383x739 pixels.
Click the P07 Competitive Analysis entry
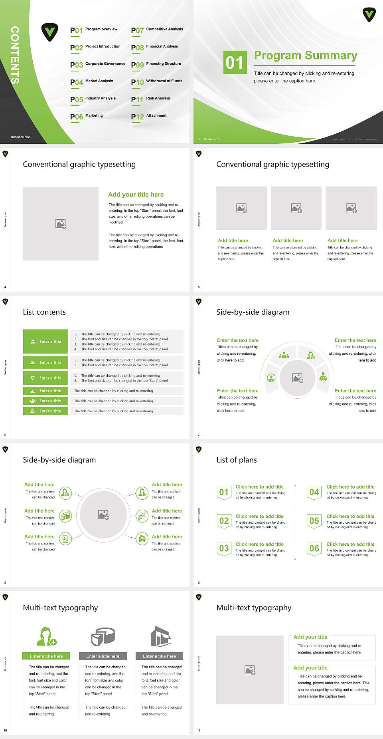click(157, 30)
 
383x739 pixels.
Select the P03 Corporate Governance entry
click(98, 64)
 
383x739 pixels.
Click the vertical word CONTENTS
click(15, 55)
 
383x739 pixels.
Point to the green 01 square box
click(234, 62)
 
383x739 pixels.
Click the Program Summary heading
click(305, 56)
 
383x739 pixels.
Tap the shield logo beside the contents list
click(50, 32)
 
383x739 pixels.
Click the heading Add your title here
click(136, 195)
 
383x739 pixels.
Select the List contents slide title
click(44, 312)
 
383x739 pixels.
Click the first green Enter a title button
click(45, 342)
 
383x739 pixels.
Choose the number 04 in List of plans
click(314, 492)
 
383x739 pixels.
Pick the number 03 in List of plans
click(224, 548)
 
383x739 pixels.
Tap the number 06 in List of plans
click(314, 548)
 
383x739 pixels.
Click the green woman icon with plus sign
click(46, 637)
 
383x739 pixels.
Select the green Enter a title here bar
click(46, 656)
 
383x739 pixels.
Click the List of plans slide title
click(237, 460)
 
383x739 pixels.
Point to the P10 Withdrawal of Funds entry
click(157, 82)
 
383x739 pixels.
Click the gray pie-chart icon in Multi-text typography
click(103, 637)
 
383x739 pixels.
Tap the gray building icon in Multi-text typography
click(160, 637)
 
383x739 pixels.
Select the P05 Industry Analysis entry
click(93, 99)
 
